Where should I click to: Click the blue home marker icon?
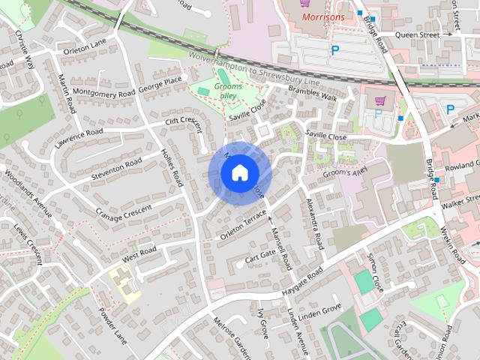click(238, 173)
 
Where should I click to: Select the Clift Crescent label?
click(185, 121)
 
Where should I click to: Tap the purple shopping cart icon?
click(379, 100)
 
